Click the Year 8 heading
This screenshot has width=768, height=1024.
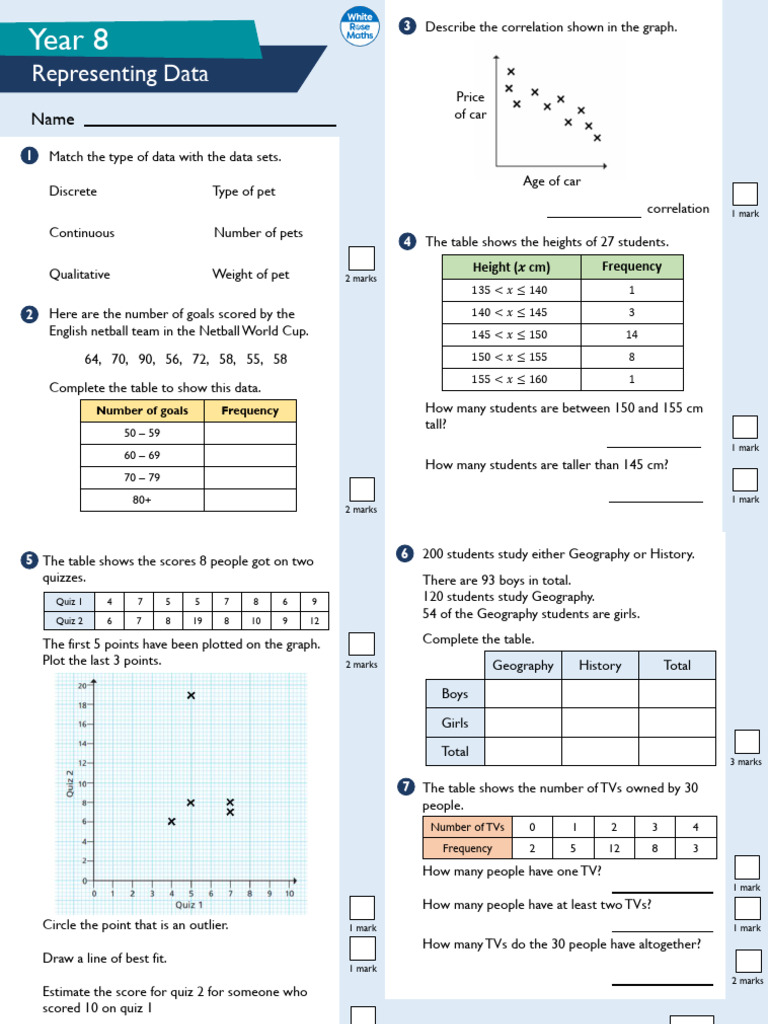click(69, 39)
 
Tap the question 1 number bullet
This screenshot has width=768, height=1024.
click(29, 156)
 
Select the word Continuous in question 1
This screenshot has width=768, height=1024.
click(82, 233)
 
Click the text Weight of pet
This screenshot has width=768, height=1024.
click(251, 274)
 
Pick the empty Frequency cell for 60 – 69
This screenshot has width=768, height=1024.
click(250, 455)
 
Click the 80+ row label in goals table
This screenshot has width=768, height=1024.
click(142, 499)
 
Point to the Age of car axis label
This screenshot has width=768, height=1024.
click(551, 181)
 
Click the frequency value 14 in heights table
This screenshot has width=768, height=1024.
click(632, 334)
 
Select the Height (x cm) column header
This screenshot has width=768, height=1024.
click(511, 267)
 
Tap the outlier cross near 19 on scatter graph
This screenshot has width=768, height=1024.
click(191, 695)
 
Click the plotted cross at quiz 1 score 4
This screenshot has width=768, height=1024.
click(171, 821)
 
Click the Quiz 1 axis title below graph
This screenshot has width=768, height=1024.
click(189, 904)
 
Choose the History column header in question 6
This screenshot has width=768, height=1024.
click(599, 665)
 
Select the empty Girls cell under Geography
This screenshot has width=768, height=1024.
click(522, 722)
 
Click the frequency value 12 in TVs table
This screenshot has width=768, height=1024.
click(614, 848)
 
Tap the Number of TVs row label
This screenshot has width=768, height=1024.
click(467, 827)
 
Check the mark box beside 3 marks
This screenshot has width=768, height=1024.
click(746, 741)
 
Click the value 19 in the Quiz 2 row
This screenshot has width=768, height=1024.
click(198, 620)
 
